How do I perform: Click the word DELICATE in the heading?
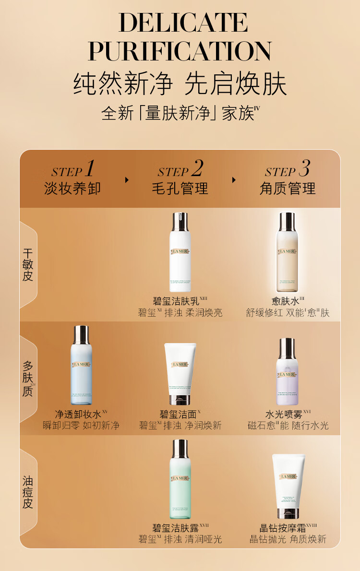point(183,23)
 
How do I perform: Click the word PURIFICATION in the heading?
point(180,51)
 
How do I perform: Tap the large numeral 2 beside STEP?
point(197,168)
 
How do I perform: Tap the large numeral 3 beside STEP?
point(304,168)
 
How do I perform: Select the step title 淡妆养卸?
point(72,188)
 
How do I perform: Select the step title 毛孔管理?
point(180,188)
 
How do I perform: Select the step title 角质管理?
point(288,188)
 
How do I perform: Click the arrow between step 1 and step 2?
point(127,180)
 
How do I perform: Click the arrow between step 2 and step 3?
point(234,180)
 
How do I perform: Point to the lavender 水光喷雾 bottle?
point(287,372)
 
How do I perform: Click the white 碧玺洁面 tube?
point(180,373)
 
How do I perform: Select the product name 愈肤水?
point(285,301)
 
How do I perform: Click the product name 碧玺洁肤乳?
point(176,301)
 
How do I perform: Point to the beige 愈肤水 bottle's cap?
point(287,222)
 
